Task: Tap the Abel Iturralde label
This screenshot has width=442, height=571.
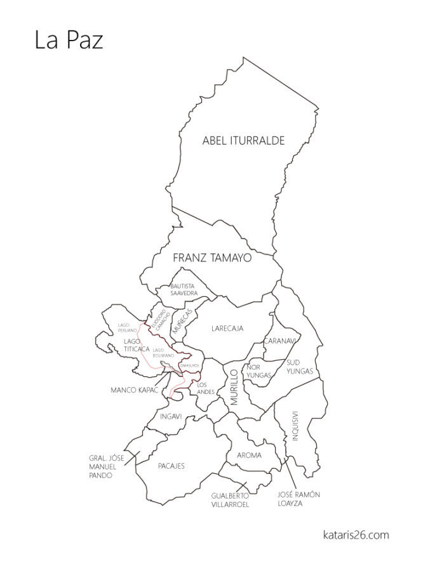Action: tap(243, 141)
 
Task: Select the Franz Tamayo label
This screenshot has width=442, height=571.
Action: tap(212, 259)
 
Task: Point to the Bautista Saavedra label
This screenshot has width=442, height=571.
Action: tap(184, 290)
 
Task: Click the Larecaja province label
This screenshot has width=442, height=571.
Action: tap(227, 328)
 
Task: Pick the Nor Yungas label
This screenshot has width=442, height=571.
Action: tap(258, 371)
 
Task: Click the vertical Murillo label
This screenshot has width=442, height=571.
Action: tap(234, 386)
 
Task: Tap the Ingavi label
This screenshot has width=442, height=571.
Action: tap(171, 417)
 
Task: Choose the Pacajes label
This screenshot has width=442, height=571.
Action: tap(171, 466)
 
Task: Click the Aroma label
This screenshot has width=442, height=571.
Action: tap(249, 455)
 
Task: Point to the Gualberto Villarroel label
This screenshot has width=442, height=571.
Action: tap(231, 500)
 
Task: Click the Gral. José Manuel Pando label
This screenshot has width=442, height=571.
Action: tap(105, 466)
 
